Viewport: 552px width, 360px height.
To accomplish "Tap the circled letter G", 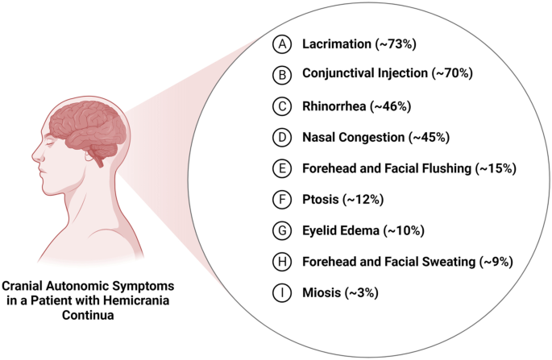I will (280, 231).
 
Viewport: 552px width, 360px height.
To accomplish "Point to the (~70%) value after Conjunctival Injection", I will (449, 73).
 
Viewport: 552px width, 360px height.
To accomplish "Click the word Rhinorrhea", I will (334, 105).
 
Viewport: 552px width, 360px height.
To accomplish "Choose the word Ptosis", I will (320, 200).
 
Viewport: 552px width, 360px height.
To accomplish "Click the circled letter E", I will (280, 168).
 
